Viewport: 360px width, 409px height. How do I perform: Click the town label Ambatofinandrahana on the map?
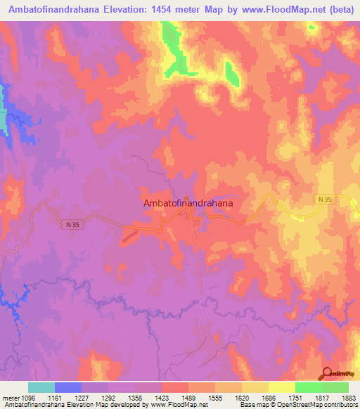(188, 202)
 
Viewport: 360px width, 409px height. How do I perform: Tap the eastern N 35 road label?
(323, 200)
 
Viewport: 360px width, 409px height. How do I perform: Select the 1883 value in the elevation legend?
(349, 397)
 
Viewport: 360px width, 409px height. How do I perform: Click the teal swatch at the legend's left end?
(41, 387)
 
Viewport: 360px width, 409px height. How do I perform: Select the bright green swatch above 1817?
(309, 387)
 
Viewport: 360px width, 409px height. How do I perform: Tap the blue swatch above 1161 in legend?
(68, 387)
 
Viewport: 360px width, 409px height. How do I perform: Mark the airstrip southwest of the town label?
(130, 238)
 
